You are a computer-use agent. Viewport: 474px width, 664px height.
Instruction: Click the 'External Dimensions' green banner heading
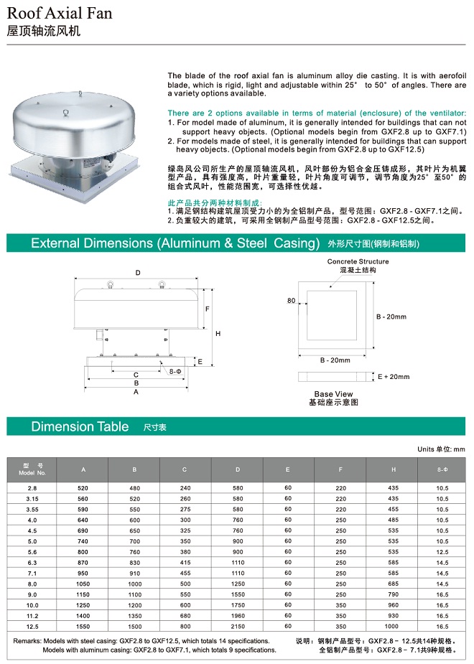pyautogui.click(x=175, y=243)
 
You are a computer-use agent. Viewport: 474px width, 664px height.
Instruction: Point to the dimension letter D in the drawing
pyautogui.click(x=137, y=272)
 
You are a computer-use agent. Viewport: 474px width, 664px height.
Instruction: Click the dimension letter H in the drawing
pyautogui.click(x=217, y=334)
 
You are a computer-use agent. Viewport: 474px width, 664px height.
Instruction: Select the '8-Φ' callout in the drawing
pyautogui.click(x=175, y=371)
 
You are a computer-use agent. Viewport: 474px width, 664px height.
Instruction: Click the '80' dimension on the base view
pyautogui.click(x=291, y=301)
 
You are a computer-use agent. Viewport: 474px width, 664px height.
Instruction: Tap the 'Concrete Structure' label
pyautogui.click(x=358, y=262)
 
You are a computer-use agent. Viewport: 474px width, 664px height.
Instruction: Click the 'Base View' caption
pyautogui.click(x=333, y=394)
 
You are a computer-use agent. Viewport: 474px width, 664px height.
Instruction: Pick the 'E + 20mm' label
pyautogui.click(x=393, y=376)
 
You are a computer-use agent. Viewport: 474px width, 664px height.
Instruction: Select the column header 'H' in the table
pyautogui.click(x=393, y=469)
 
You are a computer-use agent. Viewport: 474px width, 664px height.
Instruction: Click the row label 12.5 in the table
pyautogui.click(x=32, y=625)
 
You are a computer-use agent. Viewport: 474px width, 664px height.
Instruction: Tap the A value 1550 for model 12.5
pyautogui.click(x=83, y=625)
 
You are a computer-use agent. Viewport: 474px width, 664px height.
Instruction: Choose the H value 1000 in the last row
pyautogui.click(x=393, y=625)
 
